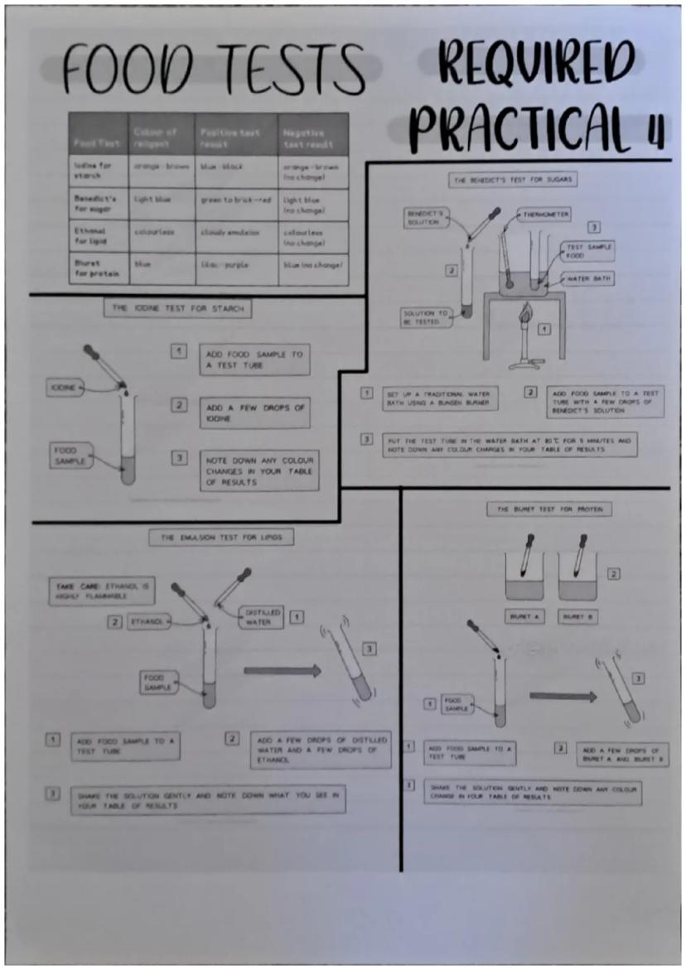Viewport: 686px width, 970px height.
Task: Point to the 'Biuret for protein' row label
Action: tap(91, 268)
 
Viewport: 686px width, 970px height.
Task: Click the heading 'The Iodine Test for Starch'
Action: tap(177, 308)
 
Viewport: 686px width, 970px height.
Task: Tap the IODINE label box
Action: tap(64, 387)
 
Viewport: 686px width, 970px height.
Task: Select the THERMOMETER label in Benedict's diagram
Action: tap(545, 215)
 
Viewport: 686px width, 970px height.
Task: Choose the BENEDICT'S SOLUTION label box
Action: tap(424, 218)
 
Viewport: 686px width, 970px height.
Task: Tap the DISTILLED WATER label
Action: tap(262, 617)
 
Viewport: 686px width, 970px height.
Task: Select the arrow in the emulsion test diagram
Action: tap(282, 671)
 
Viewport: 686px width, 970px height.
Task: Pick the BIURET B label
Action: tap(577, 617)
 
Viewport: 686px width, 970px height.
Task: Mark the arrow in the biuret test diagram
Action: tap(563, 697)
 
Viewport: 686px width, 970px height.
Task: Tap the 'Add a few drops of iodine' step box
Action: tap(254, 413)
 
